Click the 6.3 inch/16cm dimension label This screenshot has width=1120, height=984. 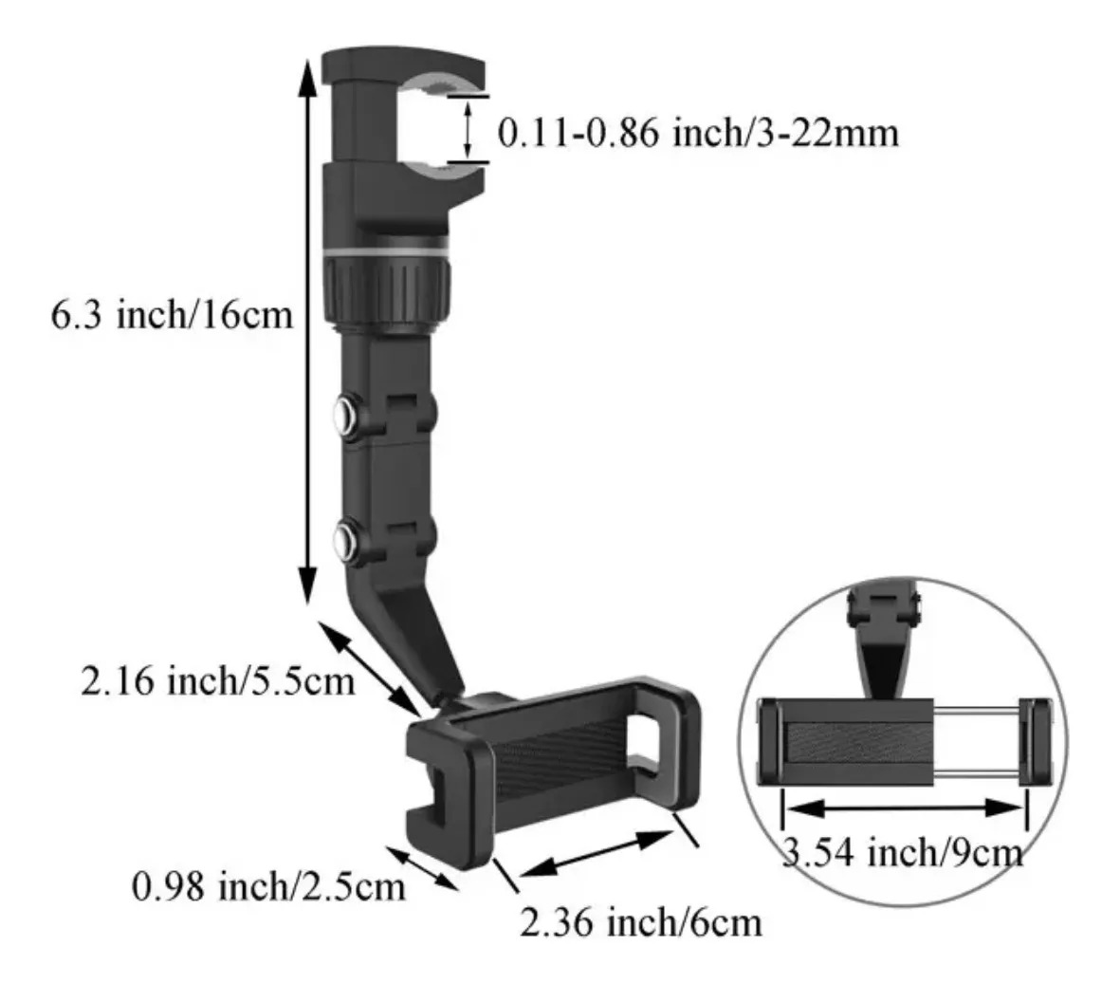172,313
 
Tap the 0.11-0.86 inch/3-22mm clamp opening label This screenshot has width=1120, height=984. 698,134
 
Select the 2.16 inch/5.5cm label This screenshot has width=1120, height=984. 217,680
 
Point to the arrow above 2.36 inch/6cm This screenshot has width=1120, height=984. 598,852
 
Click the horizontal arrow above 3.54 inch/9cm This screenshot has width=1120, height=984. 904,808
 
